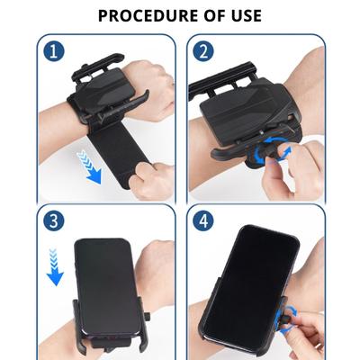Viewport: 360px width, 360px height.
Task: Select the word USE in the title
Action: tap(245, 15)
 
